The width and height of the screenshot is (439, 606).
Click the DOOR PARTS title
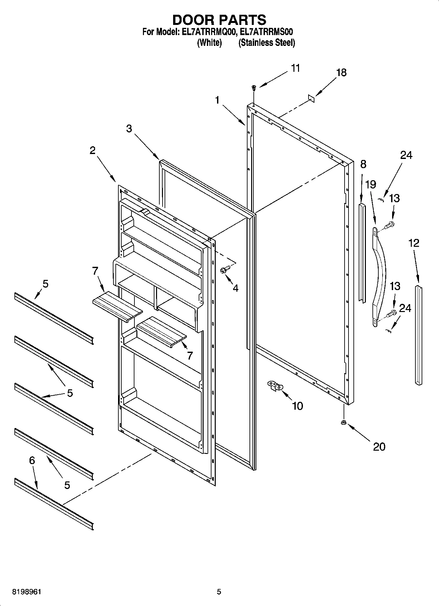point(219,20)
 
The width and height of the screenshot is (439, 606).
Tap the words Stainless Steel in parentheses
point(267,43)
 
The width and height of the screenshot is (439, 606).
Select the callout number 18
point(341,73)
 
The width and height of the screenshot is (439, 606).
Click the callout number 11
point(295,68)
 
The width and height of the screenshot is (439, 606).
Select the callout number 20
point(379,446)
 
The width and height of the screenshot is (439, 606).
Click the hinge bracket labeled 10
point(275,385)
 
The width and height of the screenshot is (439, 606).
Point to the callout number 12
point(414,243)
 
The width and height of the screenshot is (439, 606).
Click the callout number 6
point(32,460)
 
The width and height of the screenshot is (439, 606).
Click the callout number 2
point(92,150)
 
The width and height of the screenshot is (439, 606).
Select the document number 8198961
point(27,592)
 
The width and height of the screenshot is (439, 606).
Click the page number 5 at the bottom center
point(219,592)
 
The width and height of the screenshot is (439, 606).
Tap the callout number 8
point(363,164)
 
